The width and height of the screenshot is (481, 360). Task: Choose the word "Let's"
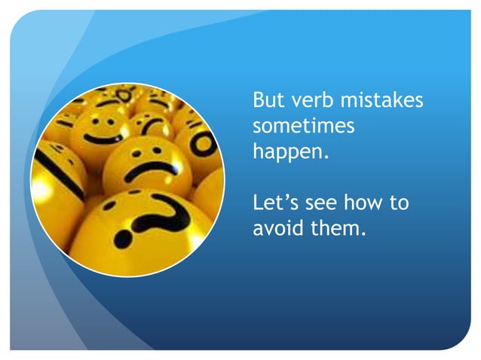[276, 202]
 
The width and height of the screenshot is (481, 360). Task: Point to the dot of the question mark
[124, 239]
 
